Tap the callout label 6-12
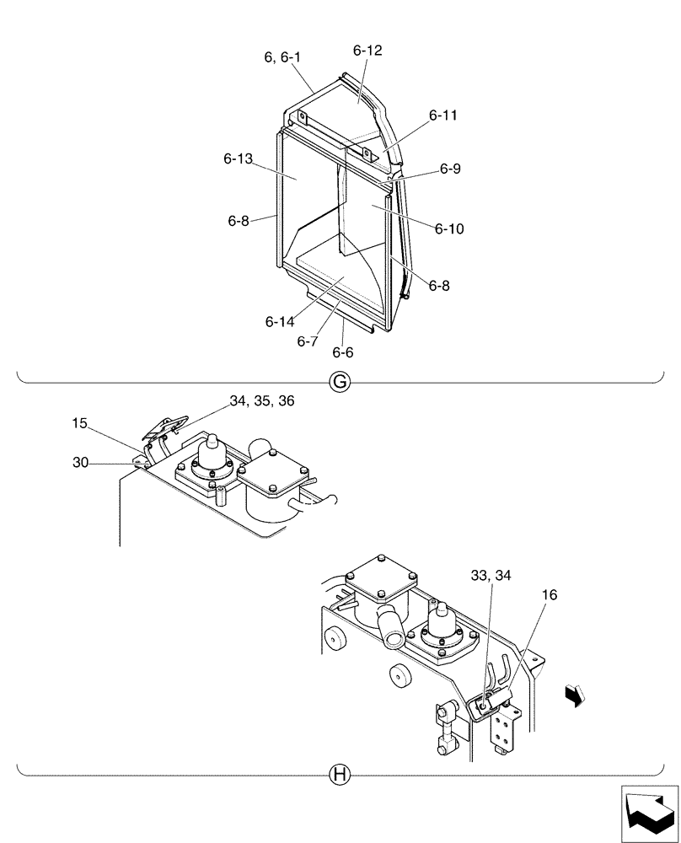367,51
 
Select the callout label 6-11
443,115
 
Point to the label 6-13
239,158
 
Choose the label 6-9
450,169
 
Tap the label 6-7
308,341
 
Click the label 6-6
342,352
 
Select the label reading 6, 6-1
282,57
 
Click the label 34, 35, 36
262,402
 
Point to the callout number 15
79,424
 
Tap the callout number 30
80,462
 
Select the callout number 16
550,594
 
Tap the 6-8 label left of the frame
239,220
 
